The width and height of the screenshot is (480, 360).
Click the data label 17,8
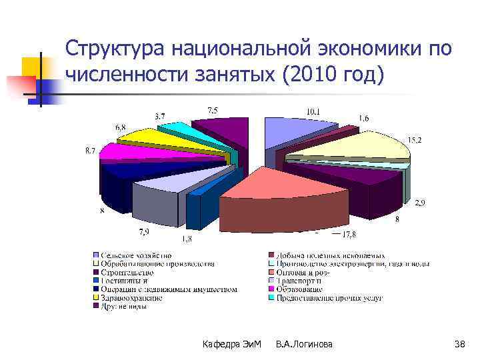349,233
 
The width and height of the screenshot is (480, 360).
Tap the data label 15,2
414,140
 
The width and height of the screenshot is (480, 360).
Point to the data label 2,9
419,202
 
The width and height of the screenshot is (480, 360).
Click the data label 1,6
365,118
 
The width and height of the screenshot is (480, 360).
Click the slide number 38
459,343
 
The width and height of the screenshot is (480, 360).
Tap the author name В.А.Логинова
305,343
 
